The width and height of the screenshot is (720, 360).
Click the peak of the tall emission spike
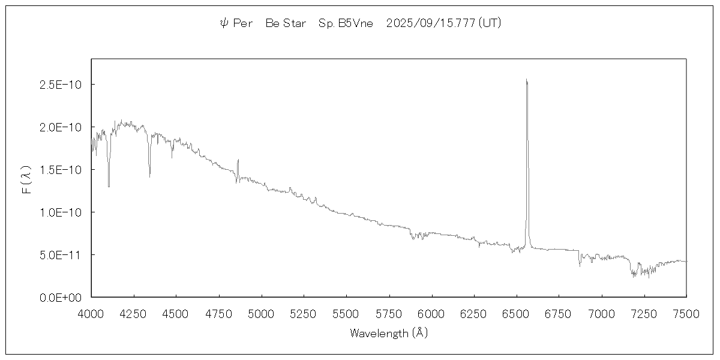point(526,80)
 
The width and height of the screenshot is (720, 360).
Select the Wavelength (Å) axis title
point(389,333)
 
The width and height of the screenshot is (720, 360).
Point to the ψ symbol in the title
point(224,23)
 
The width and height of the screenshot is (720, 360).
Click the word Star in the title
point(295,23)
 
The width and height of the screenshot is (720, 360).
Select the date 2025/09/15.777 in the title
point(431,23)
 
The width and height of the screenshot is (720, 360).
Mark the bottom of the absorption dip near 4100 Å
point(109,186)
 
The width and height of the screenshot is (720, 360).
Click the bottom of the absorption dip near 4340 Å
point(149,176)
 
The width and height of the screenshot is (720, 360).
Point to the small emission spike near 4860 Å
point(238,160)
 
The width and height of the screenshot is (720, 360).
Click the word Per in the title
point(243,23)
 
